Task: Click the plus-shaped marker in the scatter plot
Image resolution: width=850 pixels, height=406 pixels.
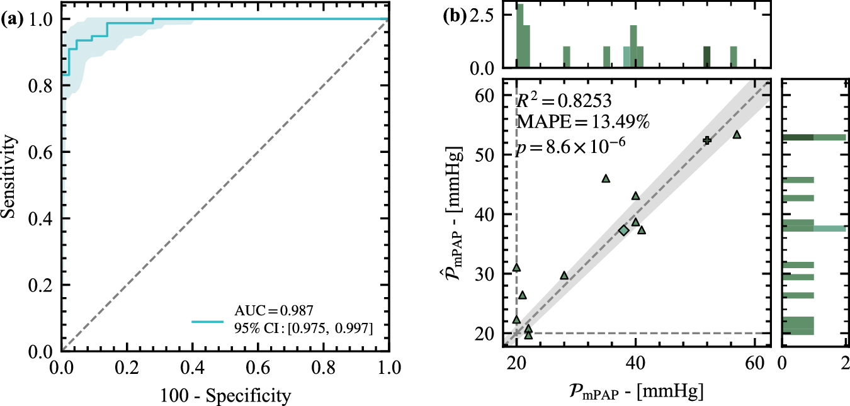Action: click(707, 140)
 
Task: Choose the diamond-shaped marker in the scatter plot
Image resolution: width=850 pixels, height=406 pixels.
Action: click(623, 230)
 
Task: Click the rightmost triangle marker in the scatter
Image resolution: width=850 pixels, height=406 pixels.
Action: click(737, 135)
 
